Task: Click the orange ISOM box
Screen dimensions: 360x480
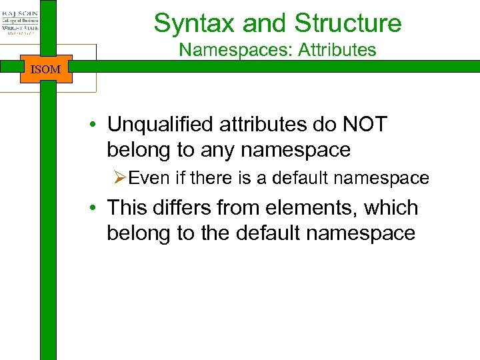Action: tap(46, 69)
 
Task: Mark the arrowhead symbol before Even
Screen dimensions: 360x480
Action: tap(119, 178)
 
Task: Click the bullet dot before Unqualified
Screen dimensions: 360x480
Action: tap(97, 125)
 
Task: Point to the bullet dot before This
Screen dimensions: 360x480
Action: tap(97, 209)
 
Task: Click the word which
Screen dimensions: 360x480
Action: tap(393, 208)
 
